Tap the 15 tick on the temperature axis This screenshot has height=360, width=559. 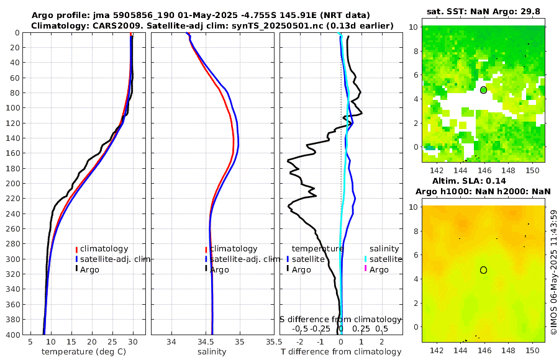click(71, 341)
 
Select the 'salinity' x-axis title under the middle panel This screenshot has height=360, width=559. click(211, 351)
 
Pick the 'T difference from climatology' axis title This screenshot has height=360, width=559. click(341, 351)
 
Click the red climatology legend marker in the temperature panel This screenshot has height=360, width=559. click(76, 249)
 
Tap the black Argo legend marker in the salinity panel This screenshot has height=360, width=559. click(206, 269)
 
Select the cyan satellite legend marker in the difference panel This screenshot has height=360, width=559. click(366, 259)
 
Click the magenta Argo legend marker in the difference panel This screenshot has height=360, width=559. click(366, 269)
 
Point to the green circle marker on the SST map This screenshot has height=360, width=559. click(483, 90)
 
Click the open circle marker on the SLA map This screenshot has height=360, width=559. click(483, 270)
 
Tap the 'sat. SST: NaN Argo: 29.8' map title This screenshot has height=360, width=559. click(483, 12)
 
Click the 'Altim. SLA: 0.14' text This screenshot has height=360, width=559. click(483, 180)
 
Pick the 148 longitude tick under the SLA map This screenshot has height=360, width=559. click(508, 351)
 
